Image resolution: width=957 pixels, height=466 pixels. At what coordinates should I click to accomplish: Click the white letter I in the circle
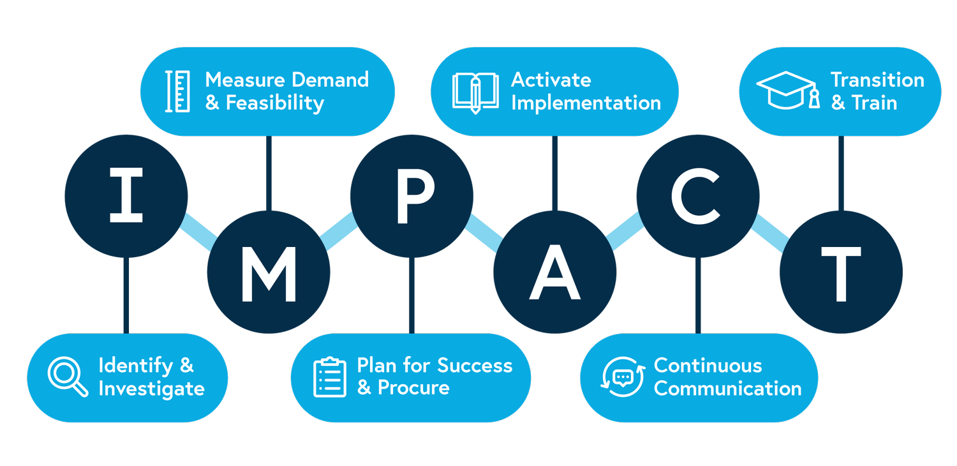(x=126, y=195)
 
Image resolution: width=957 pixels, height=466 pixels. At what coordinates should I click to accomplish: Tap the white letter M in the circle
(x=269, y=274)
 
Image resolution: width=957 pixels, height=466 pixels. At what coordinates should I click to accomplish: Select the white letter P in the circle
(x=415, y=195)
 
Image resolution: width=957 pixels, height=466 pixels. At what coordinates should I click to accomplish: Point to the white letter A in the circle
(x=554, y=273)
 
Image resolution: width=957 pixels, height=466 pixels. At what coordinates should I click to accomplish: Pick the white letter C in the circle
(x=695, y=196)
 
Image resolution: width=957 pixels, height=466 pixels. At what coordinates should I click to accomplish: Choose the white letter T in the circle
(x=842, y=274)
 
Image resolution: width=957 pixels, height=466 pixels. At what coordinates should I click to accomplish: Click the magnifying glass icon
(x=68, y=377)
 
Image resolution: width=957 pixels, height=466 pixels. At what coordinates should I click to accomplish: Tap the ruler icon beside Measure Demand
(x=178, y=91)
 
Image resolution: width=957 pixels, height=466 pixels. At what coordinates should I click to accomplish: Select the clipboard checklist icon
(x=329, y=377)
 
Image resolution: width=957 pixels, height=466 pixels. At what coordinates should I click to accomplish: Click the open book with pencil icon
(x=475, y=93)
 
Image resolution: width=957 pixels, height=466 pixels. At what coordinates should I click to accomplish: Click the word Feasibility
(x=275, y=103)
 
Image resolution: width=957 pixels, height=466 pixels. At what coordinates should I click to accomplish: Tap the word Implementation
(x=586, y=103)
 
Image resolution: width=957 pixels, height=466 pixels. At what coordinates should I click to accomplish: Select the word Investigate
(x=151, y=389)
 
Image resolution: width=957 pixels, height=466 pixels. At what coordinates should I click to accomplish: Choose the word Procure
(x=413, y=387)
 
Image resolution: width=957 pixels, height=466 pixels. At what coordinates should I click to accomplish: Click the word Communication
(x=727, y=388)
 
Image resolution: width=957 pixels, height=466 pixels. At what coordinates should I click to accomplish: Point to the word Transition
(x=877, y=80)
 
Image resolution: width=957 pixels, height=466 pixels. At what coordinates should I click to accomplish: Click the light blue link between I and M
(x=198, y=232)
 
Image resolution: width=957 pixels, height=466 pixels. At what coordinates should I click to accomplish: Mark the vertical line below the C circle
(x=698, y=296)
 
